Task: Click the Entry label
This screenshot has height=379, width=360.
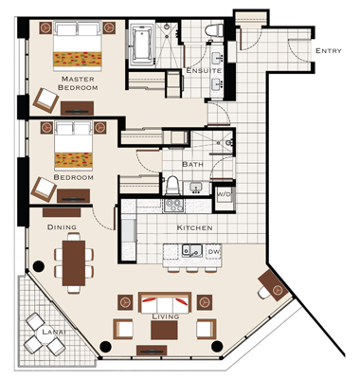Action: (x=329, y=50)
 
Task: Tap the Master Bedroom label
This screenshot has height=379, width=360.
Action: (x=78, y=83)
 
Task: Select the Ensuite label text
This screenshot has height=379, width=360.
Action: (x=204, y=70)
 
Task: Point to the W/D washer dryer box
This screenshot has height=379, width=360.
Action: (x=224, y=198)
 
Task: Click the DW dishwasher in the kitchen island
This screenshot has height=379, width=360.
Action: (x=214, y=252)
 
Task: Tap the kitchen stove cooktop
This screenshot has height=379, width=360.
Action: (x=173, y=206)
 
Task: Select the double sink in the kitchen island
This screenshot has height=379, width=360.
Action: (x=192, y=251)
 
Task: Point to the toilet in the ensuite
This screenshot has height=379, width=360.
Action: (x=213, y=31)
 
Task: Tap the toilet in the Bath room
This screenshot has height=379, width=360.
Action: (x=172, y=186)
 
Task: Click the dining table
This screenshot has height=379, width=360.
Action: (x=74, y=262)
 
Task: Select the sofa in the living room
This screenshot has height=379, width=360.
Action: (x=165, y=303)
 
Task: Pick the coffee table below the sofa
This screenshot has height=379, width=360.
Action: (x=164, y=330)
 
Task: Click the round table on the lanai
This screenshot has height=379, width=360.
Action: (x=45, y=334)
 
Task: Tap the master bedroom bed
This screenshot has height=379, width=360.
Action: (x=78, y=45)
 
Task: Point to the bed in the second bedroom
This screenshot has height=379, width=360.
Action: (x=74, y=146)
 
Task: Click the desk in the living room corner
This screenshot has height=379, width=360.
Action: (x=274, y=286)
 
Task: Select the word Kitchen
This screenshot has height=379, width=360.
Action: (x=194, y=227)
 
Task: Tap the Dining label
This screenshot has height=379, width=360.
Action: (x=62, y=227)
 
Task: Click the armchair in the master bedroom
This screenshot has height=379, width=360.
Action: (x=46, y=100)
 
